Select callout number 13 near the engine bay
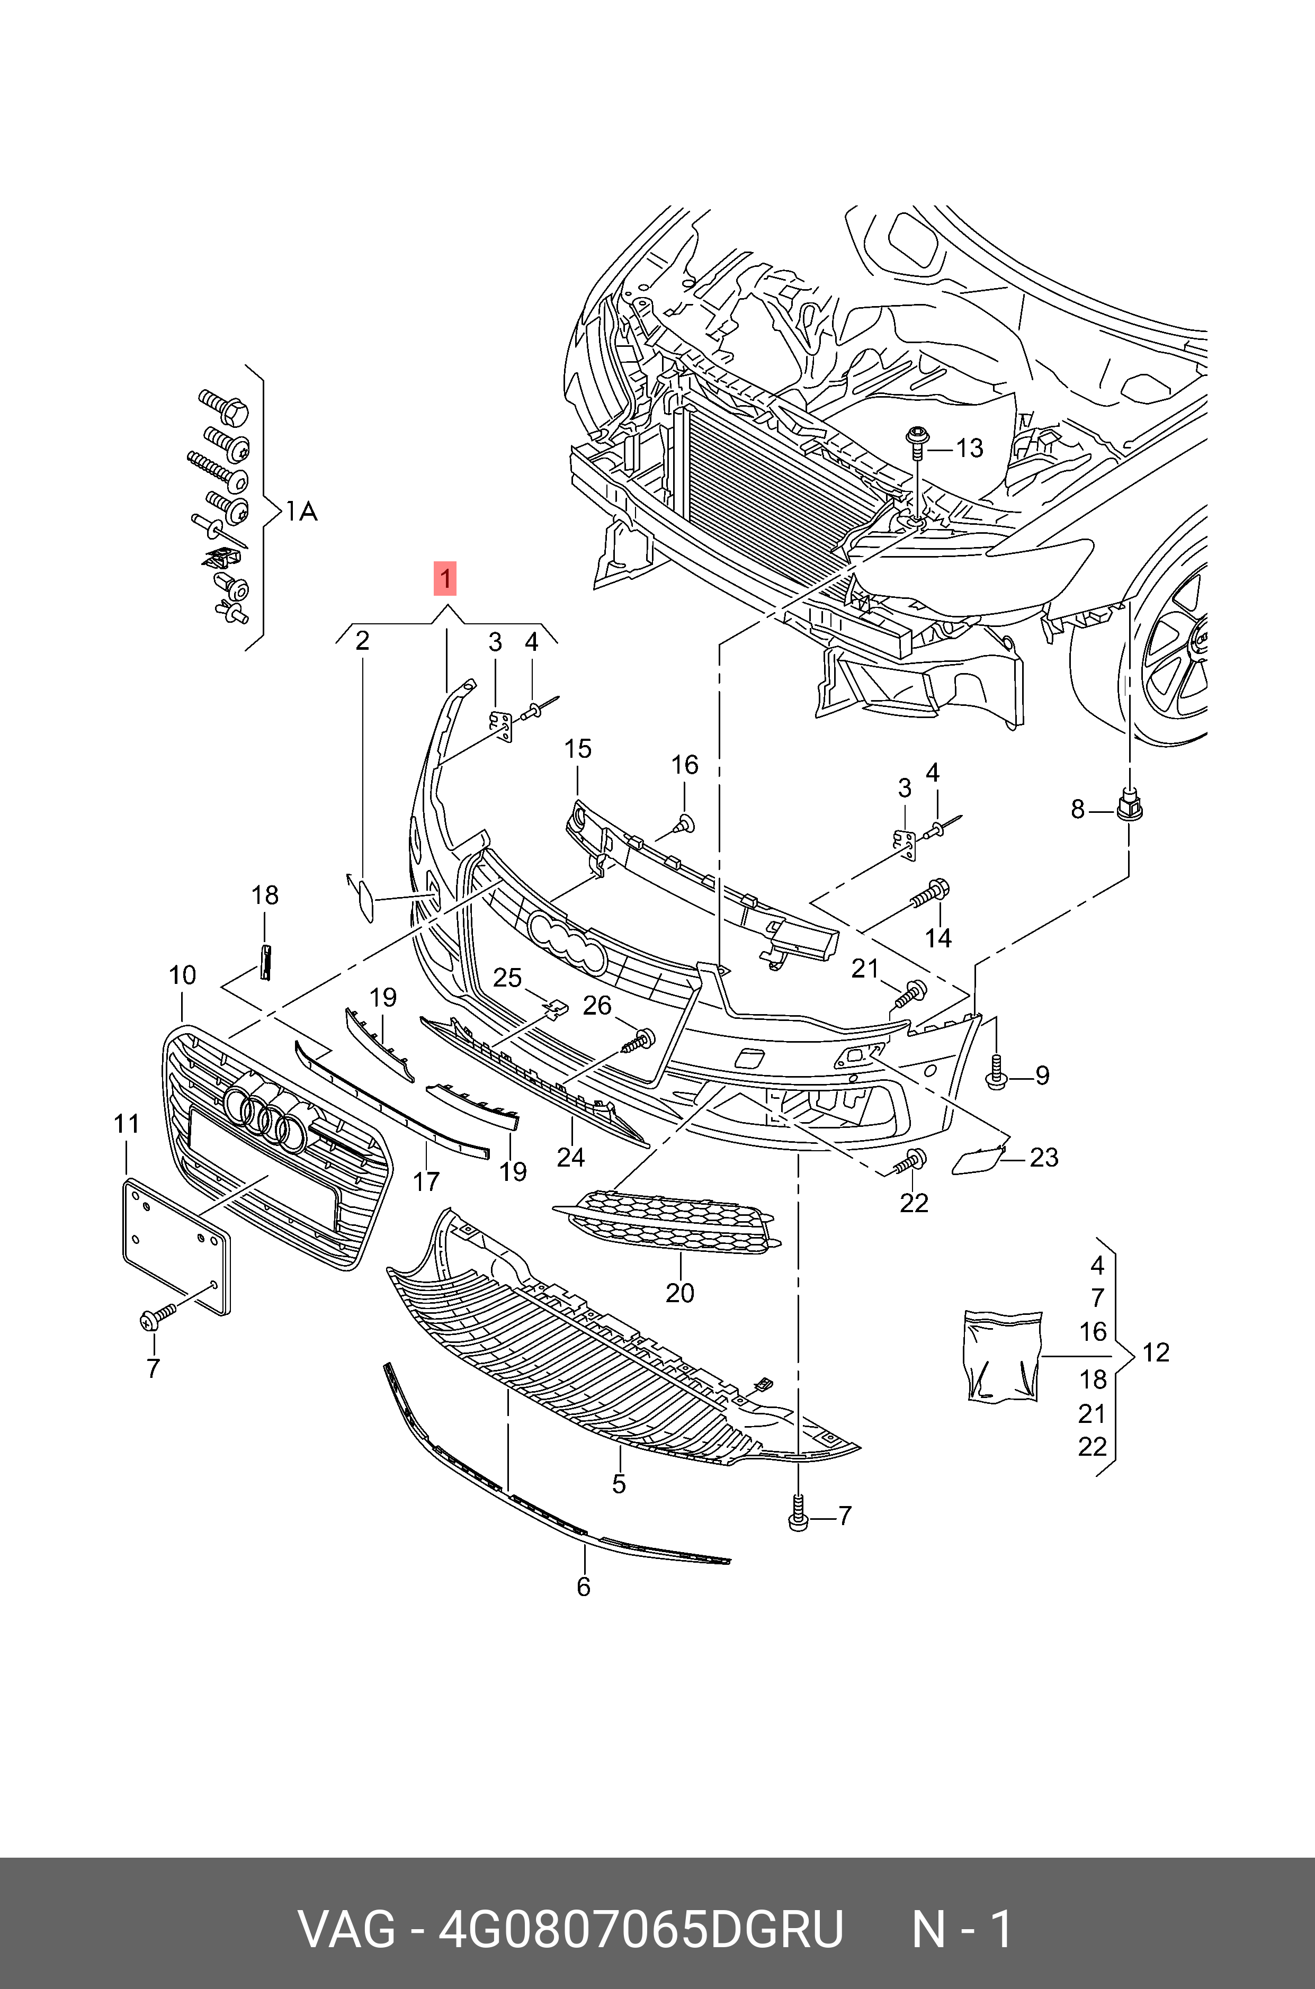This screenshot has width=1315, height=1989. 970,448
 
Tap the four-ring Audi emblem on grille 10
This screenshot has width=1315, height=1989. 264,1110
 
